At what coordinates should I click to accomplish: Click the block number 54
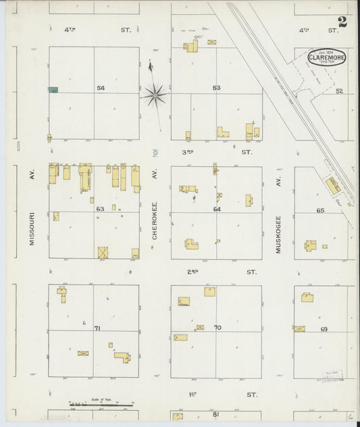[101, 89]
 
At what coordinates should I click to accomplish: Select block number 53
[216, 89]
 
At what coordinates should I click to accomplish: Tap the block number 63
[100, 209]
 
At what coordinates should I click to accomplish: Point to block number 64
[217, 209]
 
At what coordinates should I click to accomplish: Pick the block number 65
[320, 211]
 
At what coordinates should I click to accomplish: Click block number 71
[97, 328]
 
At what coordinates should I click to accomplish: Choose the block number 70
[217, 328]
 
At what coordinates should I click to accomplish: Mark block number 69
[324, 329]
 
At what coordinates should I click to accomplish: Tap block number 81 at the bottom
[216, 414]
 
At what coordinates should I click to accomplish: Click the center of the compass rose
[155, 95]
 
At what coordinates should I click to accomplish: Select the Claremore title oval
[327, 57]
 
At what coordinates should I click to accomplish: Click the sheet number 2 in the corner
[342, 21]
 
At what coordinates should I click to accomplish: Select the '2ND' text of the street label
[192, 272]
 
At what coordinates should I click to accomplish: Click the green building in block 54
[53, 89]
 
